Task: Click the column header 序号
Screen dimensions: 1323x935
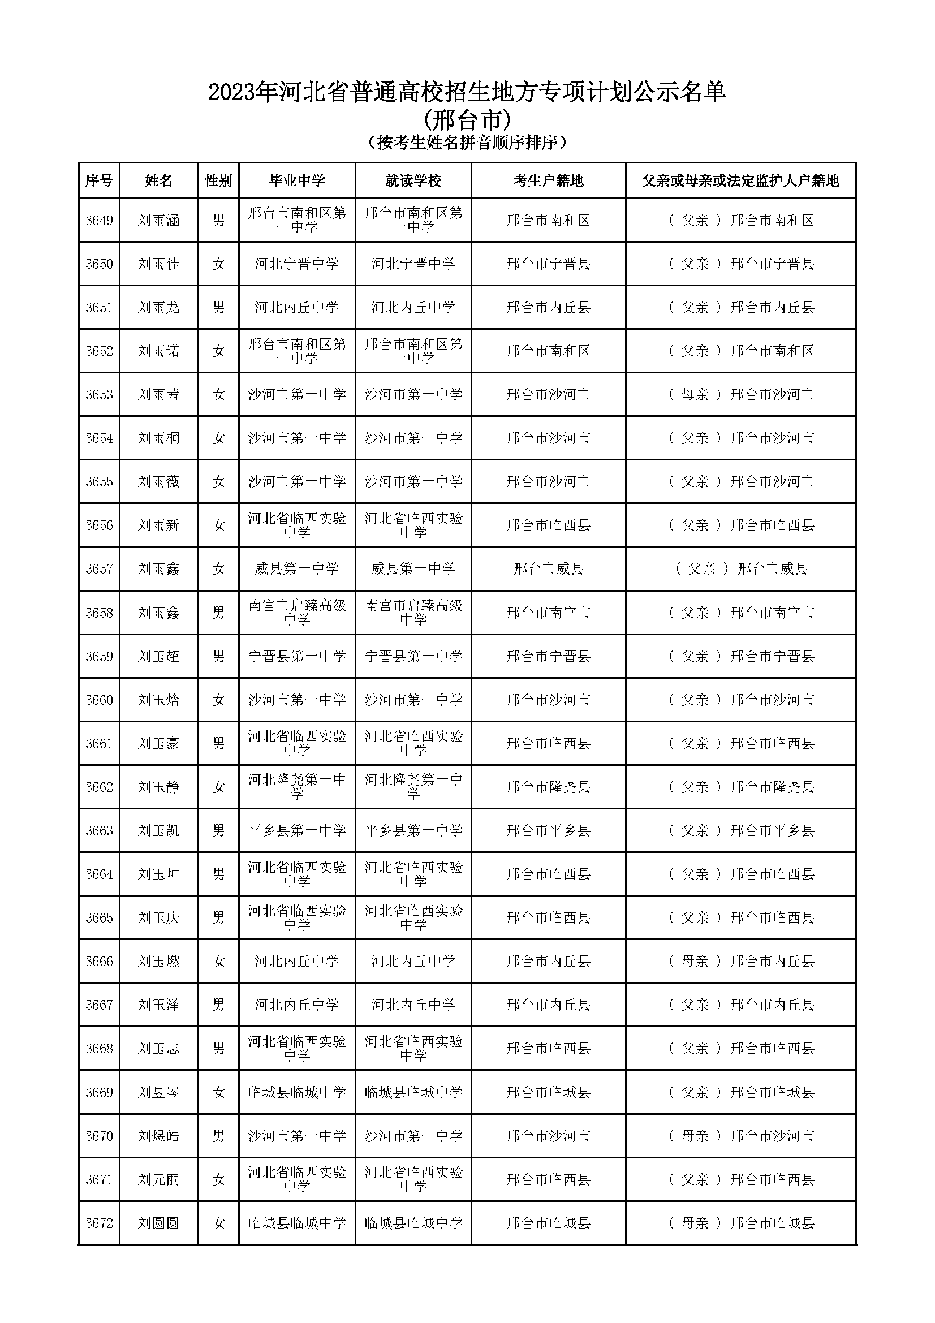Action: click(99, 181)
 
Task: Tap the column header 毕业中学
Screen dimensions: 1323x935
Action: click(297, 181)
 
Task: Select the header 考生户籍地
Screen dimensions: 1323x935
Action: click(548, 181)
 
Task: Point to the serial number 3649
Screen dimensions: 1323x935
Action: click(99, 221)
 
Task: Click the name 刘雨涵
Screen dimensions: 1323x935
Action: click(158, 221)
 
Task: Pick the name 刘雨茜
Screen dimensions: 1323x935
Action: click(158, 395)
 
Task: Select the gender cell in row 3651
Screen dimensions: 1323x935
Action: click(218, 308)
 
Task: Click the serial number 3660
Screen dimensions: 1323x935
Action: click(99, 700)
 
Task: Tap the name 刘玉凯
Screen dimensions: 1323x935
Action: click(158, 831)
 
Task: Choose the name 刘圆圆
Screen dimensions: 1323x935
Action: click(158, 1223)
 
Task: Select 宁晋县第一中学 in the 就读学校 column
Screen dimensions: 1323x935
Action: click(413, 657)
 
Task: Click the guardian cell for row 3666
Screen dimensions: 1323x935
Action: click(741, 962)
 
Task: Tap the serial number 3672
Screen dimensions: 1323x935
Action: click(99, 1223)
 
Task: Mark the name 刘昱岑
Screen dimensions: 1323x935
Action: click(158, 1093)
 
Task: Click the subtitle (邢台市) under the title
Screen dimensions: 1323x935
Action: click(467, 120)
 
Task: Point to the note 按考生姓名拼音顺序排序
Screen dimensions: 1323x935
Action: click(467, 143)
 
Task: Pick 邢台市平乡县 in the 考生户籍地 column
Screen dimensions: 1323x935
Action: click(548, 831)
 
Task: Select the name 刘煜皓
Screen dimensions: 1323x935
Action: click(158, 1136)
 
